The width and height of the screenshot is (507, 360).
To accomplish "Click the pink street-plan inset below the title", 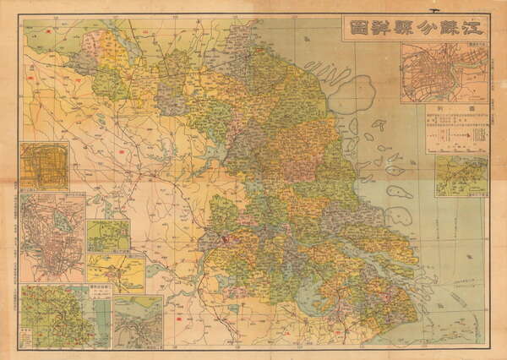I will tap(444, 77).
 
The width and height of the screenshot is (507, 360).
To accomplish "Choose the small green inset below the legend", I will tap(461, 176).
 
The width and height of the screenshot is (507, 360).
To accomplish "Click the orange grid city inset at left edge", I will tap(44, 166).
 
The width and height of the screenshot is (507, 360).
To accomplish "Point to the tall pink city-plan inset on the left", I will tap(52, 237).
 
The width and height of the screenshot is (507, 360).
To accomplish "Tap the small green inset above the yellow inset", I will tap(108, 236).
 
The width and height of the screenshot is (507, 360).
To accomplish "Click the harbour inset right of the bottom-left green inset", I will tap(137, 322).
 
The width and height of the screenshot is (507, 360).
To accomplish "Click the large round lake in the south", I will tap(313, 295).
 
